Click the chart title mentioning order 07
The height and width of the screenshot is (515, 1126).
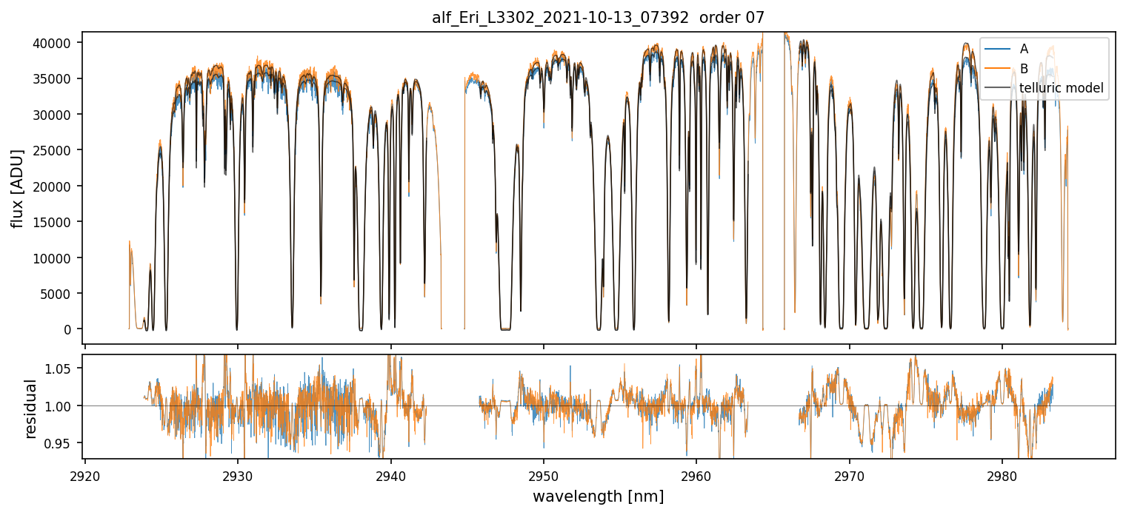(x=598, y=18)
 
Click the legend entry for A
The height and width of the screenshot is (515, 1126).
(x=1024, y=49)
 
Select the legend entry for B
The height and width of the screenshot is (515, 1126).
(x=1024, y=69)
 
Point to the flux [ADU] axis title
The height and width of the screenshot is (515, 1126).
(x=17, y=188)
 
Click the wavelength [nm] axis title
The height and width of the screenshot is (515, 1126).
(x=598, y=497)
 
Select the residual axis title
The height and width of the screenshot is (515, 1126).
(x=30, y=408)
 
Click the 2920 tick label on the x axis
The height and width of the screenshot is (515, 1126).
(x=85, y=474)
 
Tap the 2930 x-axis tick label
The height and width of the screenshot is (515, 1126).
(x=238, y=474)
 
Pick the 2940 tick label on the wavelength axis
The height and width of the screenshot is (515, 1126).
(x=390, y=474)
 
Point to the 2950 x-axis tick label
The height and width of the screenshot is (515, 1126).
(x=544, y=474)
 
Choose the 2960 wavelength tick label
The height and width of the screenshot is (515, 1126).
(x=696, y=474)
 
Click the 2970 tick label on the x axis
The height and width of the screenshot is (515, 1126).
(x=849, y=474)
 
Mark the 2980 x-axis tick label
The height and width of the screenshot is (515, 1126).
(x=1002, y=474)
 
